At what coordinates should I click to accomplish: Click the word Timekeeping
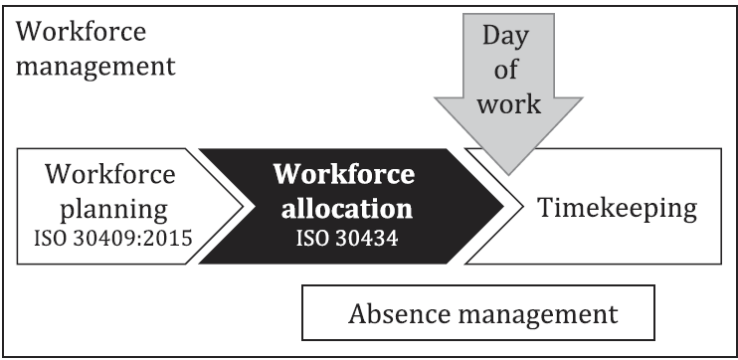pos(617,210)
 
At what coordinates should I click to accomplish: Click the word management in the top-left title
pos(96,68)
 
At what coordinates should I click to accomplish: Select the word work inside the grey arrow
pos(507,103)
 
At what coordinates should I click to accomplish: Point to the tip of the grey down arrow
pos(507,175)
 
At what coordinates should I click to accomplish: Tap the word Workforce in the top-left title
pos(83,32)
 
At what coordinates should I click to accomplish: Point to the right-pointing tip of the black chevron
pos(504,206)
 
